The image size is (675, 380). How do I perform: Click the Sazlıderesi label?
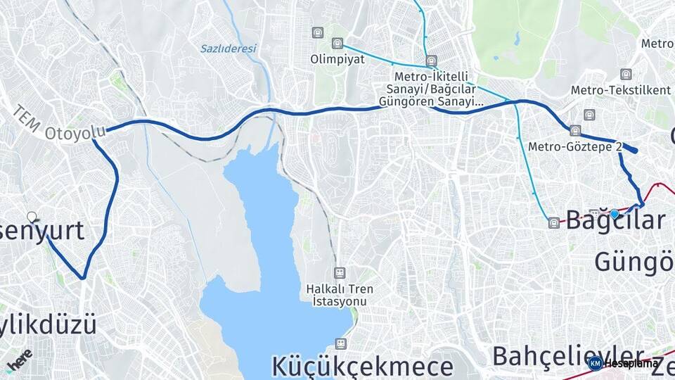(229, 49)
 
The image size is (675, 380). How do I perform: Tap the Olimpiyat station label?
(337, 59)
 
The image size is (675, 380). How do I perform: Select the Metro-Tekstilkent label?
(610, 90)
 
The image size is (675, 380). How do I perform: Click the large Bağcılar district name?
(615, 220)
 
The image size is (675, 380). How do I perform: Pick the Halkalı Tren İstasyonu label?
(340, 295)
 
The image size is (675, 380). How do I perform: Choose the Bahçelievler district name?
(567, 355)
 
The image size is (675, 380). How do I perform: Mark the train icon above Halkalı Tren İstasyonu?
(340, 272)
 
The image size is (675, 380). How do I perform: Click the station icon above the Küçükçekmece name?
(341, 344)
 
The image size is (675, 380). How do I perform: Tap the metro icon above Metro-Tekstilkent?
(626, 74)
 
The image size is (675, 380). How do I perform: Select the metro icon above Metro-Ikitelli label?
(431, 61)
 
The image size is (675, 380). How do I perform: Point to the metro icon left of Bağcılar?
(554, 223)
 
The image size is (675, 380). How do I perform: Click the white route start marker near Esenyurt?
(32, 217)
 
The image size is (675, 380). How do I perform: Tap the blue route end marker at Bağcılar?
(615, 213)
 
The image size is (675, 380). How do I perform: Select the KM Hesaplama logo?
(624, 363)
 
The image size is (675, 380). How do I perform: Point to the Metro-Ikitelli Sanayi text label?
(431, 89)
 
